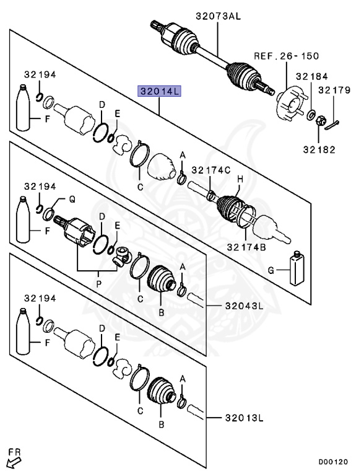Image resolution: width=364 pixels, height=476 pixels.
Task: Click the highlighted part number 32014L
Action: coord(159,92)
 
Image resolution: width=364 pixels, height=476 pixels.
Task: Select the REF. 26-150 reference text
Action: coord(287,56)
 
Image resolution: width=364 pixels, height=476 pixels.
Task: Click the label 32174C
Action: coord(210,170)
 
